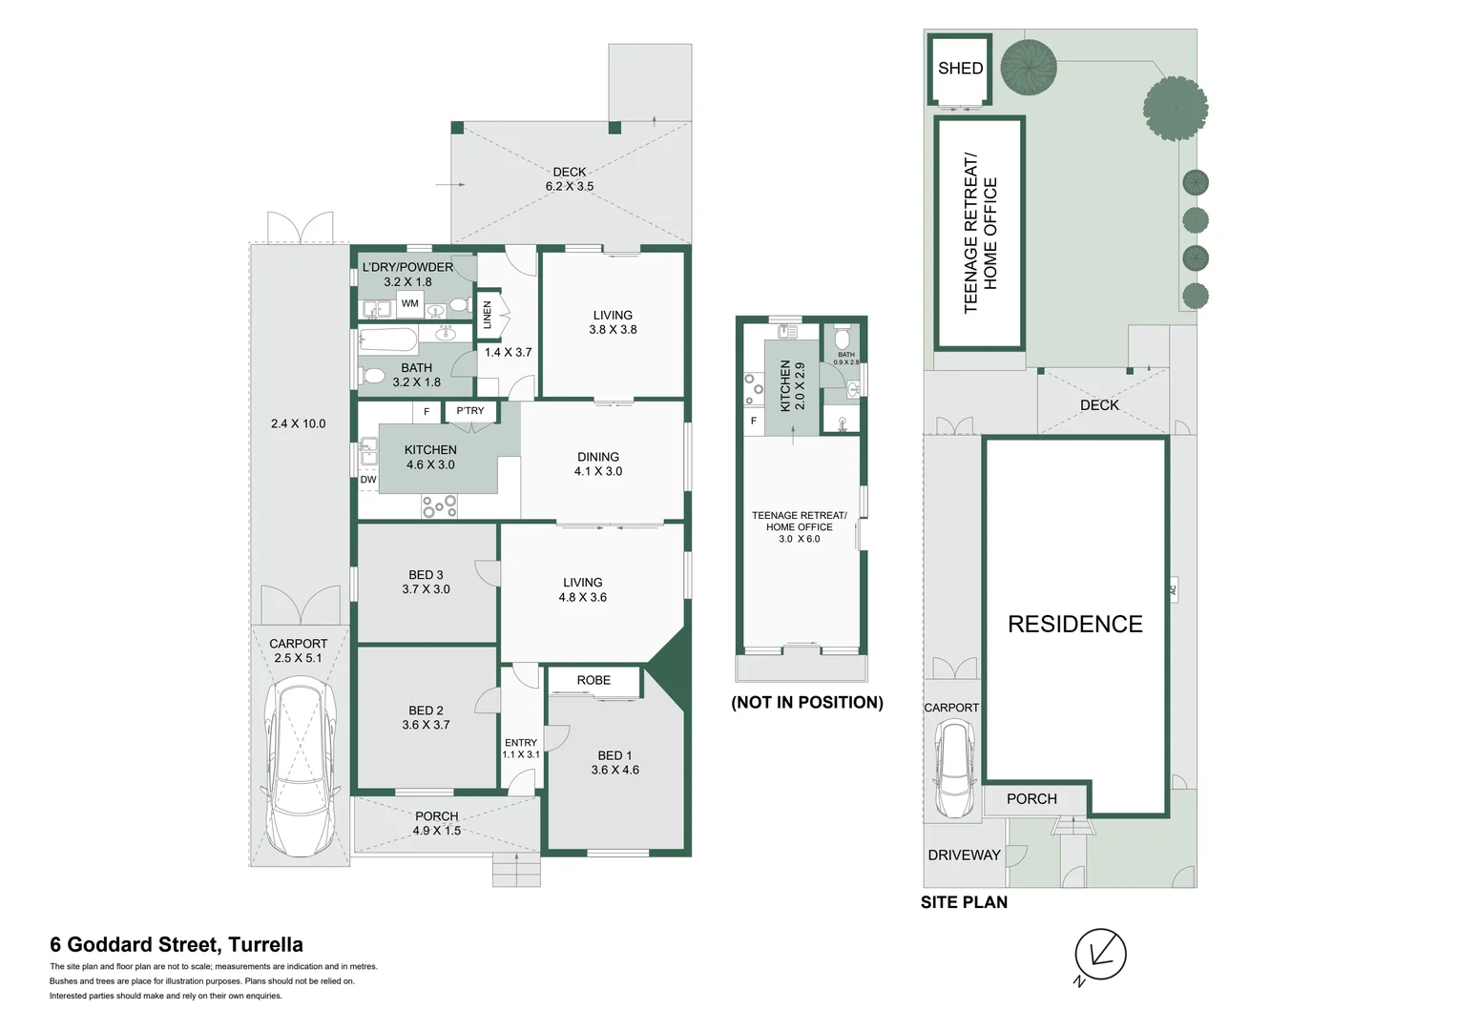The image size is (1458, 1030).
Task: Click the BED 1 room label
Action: (614, 762)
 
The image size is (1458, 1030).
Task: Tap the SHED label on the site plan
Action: (960, 69)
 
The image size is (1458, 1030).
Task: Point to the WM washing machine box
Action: (409, 304)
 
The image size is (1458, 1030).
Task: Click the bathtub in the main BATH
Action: (387, 340)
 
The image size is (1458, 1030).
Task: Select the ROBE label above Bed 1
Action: (594, 680)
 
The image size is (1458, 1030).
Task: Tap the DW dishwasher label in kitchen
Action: (368, 480)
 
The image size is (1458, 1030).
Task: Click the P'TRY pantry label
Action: (470, 411)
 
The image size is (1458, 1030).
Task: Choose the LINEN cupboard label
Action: (488, 315)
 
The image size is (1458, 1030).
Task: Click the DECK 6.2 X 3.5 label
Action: (570, 179)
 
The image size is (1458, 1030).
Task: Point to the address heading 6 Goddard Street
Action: (177, 945)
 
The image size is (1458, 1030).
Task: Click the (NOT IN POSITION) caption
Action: (807, 703)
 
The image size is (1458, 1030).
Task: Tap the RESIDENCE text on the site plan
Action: (1075, 625)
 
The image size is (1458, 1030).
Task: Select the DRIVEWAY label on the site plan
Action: (964, 855)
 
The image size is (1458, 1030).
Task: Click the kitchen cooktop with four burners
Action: (440, 506)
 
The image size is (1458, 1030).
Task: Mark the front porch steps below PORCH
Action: (516, 870)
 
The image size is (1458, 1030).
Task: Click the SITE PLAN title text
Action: (964, 902)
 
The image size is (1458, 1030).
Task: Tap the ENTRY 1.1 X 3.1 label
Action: (521, 749)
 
